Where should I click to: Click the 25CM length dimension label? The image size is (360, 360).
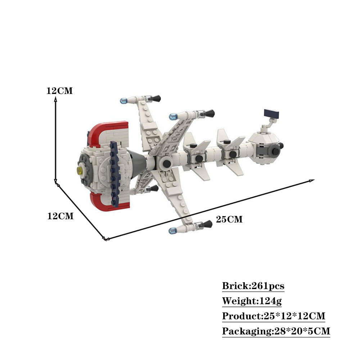(x=229, y=219)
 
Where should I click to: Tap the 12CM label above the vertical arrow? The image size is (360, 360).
(x=59, y=91)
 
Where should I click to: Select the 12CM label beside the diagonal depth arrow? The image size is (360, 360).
(x=60, y=216)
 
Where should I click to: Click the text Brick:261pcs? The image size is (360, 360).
(x=253, y=286)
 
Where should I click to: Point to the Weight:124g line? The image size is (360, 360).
(x=252, y=301)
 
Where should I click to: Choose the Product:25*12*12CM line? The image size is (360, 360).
(x=274, y=316)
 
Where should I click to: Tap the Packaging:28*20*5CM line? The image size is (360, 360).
(x=276, y=331)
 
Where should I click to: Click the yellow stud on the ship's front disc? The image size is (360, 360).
(x=80, y=170)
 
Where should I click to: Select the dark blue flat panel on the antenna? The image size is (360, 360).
(x=271, y=113)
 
